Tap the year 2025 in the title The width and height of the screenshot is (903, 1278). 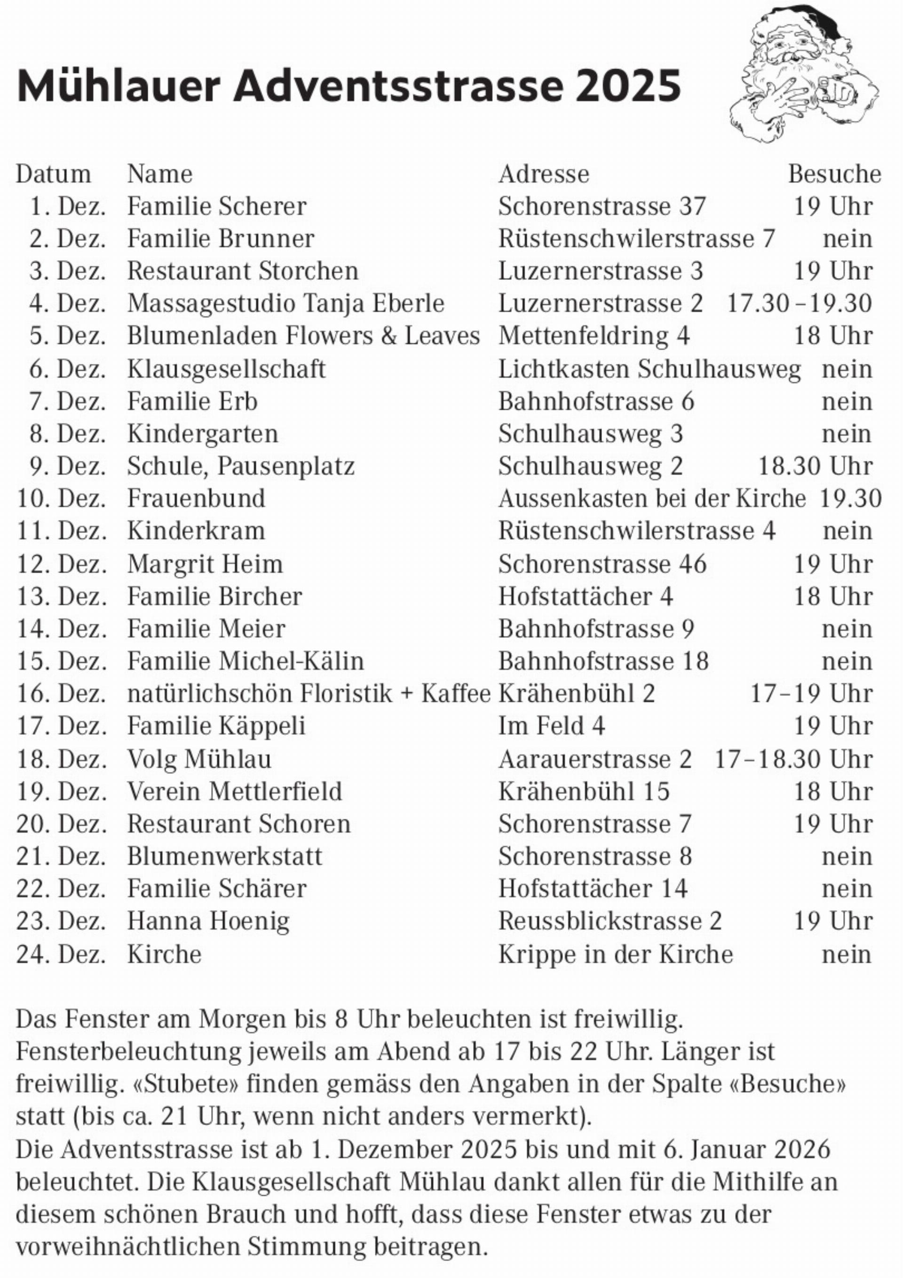click(628, 86)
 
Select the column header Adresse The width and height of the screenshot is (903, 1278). click(543, 174)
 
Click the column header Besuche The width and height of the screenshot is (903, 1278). click(834, 174)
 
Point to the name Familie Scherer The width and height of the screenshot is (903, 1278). click(216, 206)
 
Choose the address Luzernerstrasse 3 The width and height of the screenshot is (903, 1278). click(600, 271)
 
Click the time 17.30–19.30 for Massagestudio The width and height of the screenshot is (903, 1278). click(799, 303)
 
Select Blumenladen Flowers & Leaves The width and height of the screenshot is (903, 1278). click(303, 336)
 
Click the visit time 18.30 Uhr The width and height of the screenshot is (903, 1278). click(815, 466)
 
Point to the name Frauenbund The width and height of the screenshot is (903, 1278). click(196, 498)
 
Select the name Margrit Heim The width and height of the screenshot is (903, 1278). click(205, 564)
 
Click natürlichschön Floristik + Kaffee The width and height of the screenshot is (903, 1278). click(309, 693)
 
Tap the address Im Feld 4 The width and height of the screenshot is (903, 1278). click(551, 726)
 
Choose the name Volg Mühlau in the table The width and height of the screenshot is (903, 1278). click(199, 759)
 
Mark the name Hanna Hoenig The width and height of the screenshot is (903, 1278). click(208, 921)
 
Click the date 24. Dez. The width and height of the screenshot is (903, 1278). click(61, 953)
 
